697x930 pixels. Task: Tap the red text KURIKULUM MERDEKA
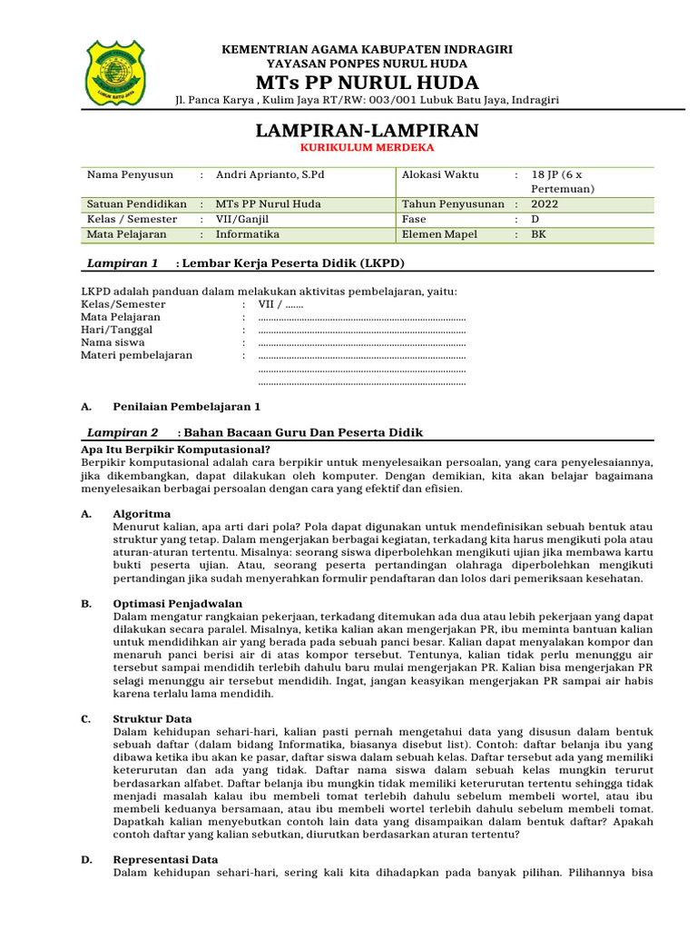368,147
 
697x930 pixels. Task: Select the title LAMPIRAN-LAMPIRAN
368,130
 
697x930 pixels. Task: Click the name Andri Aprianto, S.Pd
270,174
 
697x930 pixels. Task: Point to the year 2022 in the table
545,204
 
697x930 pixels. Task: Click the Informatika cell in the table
248,234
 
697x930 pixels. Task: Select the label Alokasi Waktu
440,174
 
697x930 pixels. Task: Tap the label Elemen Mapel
439,234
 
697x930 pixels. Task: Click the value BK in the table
539,234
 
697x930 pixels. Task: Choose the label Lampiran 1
122,263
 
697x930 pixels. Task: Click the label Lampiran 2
122,432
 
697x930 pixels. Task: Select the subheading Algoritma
142,514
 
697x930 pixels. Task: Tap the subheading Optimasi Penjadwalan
177,603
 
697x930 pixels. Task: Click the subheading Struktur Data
152,718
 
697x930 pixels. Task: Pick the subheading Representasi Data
165,859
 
